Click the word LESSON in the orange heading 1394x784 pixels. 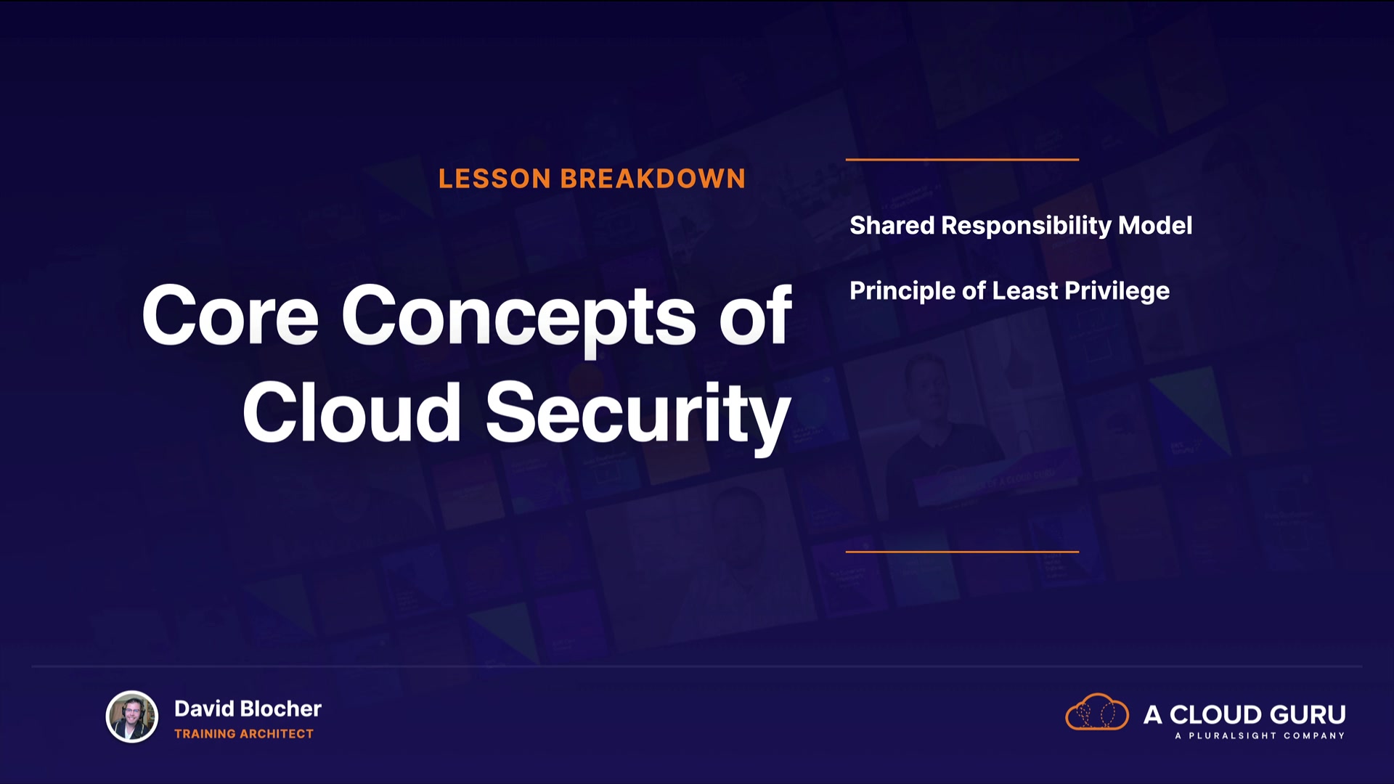[x=494, y=179]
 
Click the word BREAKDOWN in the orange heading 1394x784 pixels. [x=653, y=179]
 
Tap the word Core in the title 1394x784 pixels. [x=230, y=315]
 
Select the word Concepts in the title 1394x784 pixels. [x=518, y=319]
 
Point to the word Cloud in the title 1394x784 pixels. [x=352, y=412]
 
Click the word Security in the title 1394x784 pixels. [x=638, y=416]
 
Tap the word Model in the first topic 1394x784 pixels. [x=1155, y=225]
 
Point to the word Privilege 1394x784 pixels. [x=1117, y=292]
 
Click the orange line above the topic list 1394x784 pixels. [x=962, y=159]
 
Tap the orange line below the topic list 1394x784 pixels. [x=962, y=552]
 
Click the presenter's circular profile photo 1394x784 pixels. [x=132, y=716]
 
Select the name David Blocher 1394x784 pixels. [x=248, y=709]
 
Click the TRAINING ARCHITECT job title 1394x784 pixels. [x=244, y=734]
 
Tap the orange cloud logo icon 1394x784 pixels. [x=1097, y=712]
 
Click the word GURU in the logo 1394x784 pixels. [x=1307, y=715]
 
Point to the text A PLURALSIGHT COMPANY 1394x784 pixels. [x=1260, y=736]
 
